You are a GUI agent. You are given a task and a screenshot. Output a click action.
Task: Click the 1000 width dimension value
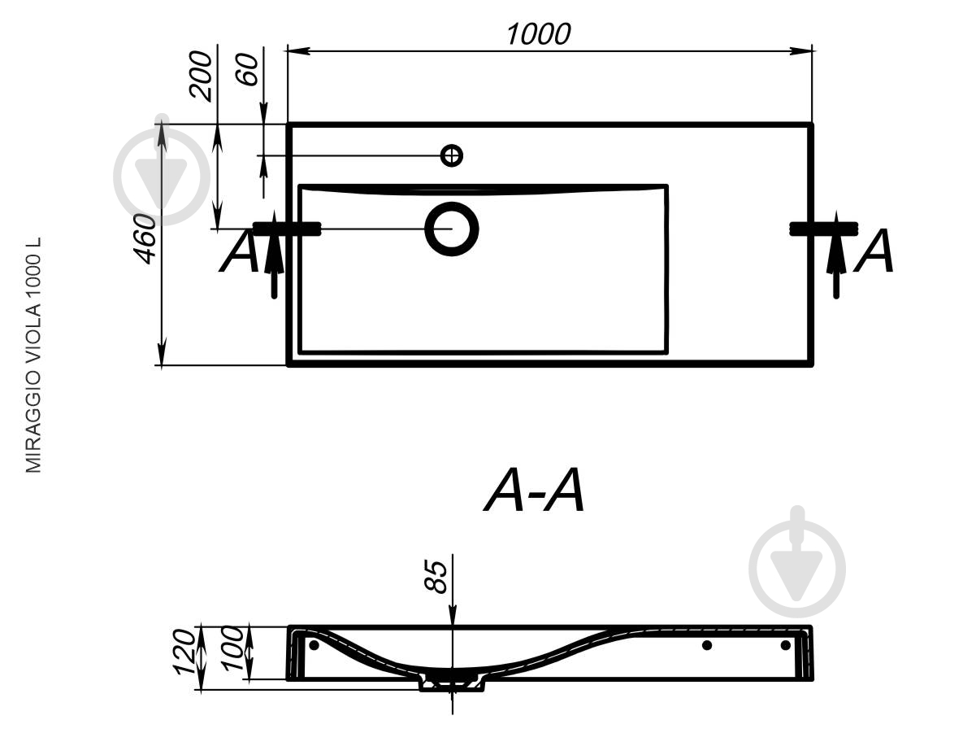point(539,34)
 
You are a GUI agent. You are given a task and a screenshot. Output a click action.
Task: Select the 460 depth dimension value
point(145,239)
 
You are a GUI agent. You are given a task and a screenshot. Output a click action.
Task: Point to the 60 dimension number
point(247,69)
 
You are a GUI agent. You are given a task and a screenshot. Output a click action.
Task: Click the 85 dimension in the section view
point(436,578)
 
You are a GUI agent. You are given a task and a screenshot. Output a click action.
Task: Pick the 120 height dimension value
point(184,652)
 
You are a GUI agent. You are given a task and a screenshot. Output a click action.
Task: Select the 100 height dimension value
point(232,648)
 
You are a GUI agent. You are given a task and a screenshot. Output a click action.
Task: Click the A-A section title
point(534,491)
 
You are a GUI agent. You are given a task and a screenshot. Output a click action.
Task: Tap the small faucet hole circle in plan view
point(451,155)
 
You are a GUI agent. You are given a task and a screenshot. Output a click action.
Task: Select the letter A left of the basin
point(239,251)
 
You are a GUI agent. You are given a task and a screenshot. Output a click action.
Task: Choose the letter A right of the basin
point(874,251)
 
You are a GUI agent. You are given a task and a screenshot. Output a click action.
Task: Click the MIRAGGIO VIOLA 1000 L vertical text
point(33,356)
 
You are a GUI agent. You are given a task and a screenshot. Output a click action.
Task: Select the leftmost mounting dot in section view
point(314,645)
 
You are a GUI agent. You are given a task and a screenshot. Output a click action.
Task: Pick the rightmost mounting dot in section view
point(786,645)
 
